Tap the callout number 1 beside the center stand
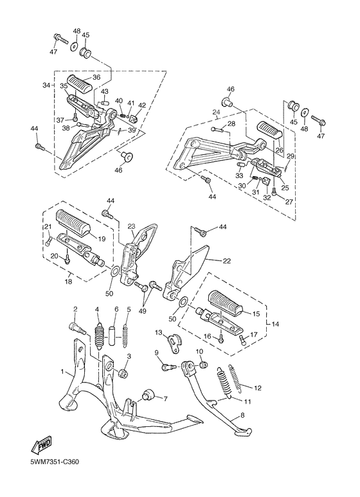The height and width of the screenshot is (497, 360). coord(62,371)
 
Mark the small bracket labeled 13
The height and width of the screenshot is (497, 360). coord(173,343)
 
